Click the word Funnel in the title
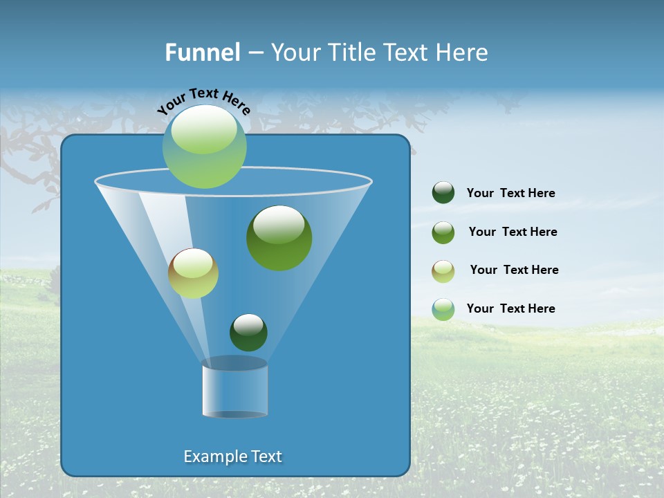(x=202, y=53)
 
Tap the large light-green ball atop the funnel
(x=205, y=147)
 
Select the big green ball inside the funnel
(x=279, y=239)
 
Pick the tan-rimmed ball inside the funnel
(x=193, y=273)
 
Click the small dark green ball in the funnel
(x=248, y=333)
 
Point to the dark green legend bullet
(x=443, y=193)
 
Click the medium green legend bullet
(x=443, y=232)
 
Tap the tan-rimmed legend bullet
(x=443, y=270)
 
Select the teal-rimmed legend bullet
(x=443, y=309)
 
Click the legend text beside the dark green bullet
(x=510, y=193)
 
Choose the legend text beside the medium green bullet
(x=513, y=232)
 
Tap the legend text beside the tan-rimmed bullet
(x=514, y=270)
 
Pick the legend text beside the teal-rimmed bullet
(x=510, y=308)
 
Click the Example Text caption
(x=233, y=456)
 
